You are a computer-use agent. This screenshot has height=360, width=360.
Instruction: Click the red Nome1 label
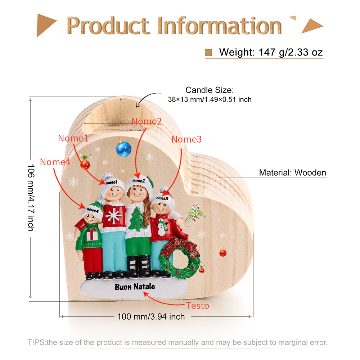click(73, 138)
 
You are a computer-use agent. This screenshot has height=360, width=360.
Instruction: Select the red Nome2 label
click(147, 121)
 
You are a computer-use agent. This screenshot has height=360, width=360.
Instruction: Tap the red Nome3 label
click(186, 139)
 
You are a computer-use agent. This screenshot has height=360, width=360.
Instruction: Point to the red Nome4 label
click(55, 162)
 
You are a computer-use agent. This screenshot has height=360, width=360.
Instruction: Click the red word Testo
click(197, 306)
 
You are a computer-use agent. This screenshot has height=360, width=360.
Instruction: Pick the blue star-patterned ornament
click(123, 149)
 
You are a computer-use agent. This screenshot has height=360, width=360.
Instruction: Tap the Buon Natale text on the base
click(135, 287)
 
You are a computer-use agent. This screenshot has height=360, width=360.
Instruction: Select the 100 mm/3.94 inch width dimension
click(151, 317)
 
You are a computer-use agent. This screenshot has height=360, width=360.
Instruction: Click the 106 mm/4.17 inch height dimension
click(31, 198)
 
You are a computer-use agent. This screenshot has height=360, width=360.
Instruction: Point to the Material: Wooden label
click(292, 173)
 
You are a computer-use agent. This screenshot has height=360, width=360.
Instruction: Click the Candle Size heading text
click(210, 90)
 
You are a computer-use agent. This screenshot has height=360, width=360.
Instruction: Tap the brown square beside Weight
click(208, 53)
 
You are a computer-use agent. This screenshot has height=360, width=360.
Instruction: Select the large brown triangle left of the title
click(46, 25)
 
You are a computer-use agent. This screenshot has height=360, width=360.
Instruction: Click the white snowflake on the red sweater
click(114, 216)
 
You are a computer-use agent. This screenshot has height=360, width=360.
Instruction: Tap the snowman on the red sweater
click(162, 227)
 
